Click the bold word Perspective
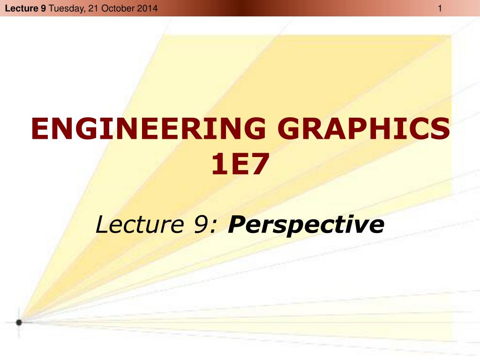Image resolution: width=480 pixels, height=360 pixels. point(306,225)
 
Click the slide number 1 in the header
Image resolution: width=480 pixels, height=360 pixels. point(440,8)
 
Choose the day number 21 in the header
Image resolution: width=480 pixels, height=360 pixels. point(92,8)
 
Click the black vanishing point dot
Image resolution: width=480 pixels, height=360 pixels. point(19,322)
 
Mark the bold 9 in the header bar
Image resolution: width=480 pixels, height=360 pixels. point(43,8)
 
